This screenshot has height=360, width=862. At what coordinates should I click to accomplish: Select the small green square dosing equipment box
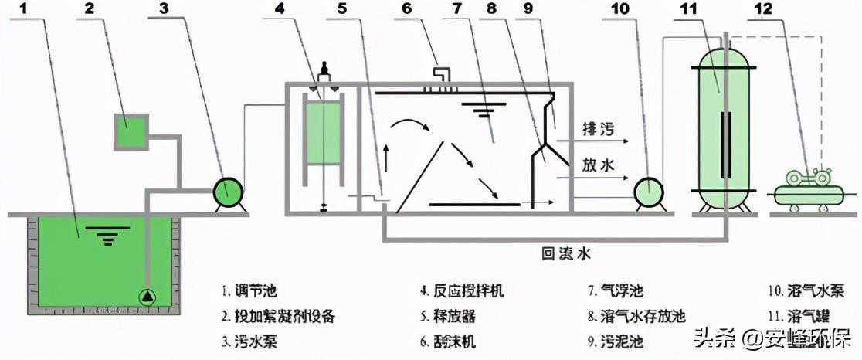click(x=128, y=131)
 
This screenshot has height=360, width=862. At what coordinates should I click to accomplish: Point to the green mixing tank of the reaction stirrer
click(x=324, y=133)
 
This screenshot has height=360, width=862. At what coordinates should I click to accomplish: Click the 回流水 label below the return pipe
click(x=570, y=253)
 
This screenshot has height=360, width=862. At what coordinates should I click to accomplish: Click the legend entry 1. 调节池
click(x=248, y=292)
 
